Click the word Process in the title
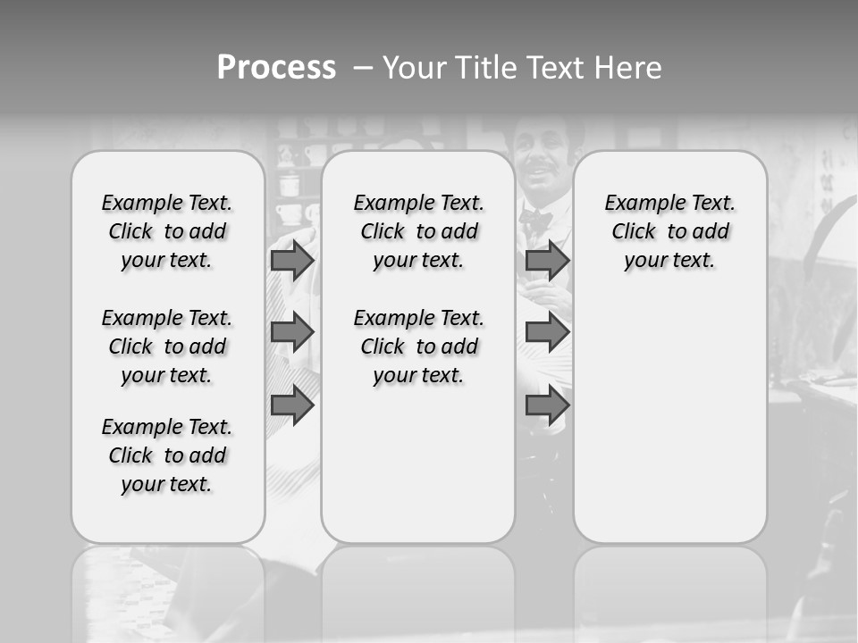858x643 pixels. coord(276,68)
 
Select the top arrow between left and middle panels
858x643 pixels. coord(291,260)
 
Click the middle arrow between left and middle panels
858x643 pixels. coord(291,332)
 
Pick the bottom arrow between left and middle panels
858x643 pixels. coord(291,405)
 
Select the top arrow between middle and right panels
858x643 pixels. coord(547,260)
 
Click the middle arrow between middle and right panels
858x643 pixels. coord(547,332)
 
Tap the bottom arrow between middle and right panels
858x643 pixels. coord(547,405)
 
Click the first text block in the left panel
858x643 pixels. coord(167,231)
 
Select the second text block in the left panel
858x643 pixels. coord(167,347)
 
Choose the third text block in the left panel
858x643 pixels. coord(167,455)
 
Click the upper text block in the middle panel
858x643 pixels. coord(418,231)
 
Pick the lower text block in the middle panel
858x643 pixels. coord(418,347)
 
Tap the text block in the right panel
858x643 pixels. coord(669,231)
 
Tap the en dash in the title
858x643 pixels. coord(363,68)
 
